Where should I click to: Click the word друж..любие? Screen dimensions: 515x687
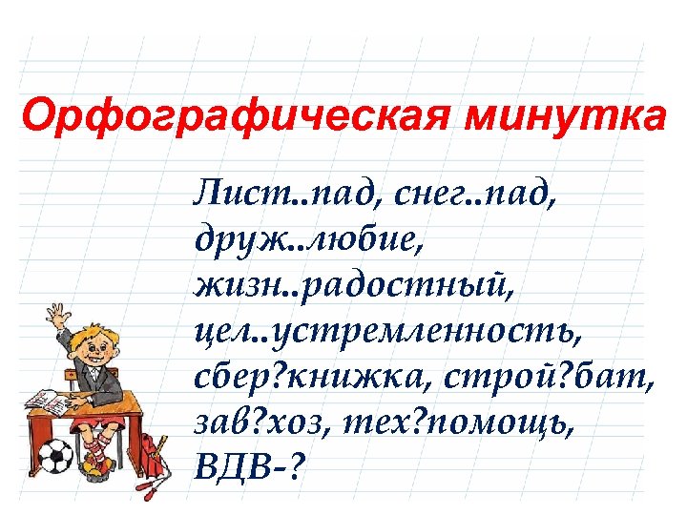click(307, 241)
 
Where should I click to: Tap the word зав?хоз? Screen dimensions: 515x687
click(250, 420)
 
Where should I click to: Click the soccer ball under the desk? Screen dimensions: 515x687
click(58, 458)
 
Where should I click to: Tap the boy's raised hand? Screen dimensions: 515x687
click(55, 315)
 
